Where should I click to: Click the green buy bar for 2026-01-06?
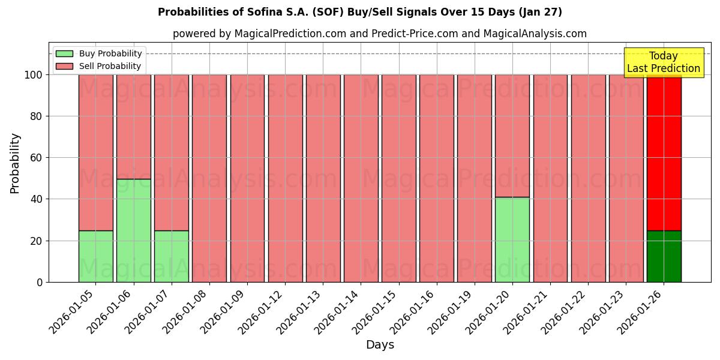pyautogui.click(x=133, y=230)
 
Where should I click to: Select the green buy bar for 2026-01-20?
pyautogui.click(x=512, y=239)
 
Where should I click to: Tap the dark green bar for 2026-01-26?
pyautogui.click(x=664, y=256)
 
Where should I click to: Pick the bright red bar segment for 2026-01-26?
pyautogui.click(x=664, y=152)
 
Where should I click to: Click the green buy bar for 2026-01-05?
pyautogui.click(x=95, y=256)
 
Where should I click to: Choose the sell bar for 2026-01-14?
pyautogui.click(x=361, y=178)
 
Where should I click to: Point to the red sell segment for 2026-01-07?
pyautogui.click(x=171, y=152)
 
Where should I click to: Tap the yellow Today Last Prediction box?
pyautogui.click(x=664, y=62)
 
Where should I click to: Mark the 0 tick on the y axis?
pyautogui.click(x=40, y=282)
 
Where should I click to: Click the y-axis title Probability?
pyautogui.click(x=15, y=163)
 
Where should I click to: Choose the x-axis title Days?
pyautogui.click(x=380, y=345)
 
